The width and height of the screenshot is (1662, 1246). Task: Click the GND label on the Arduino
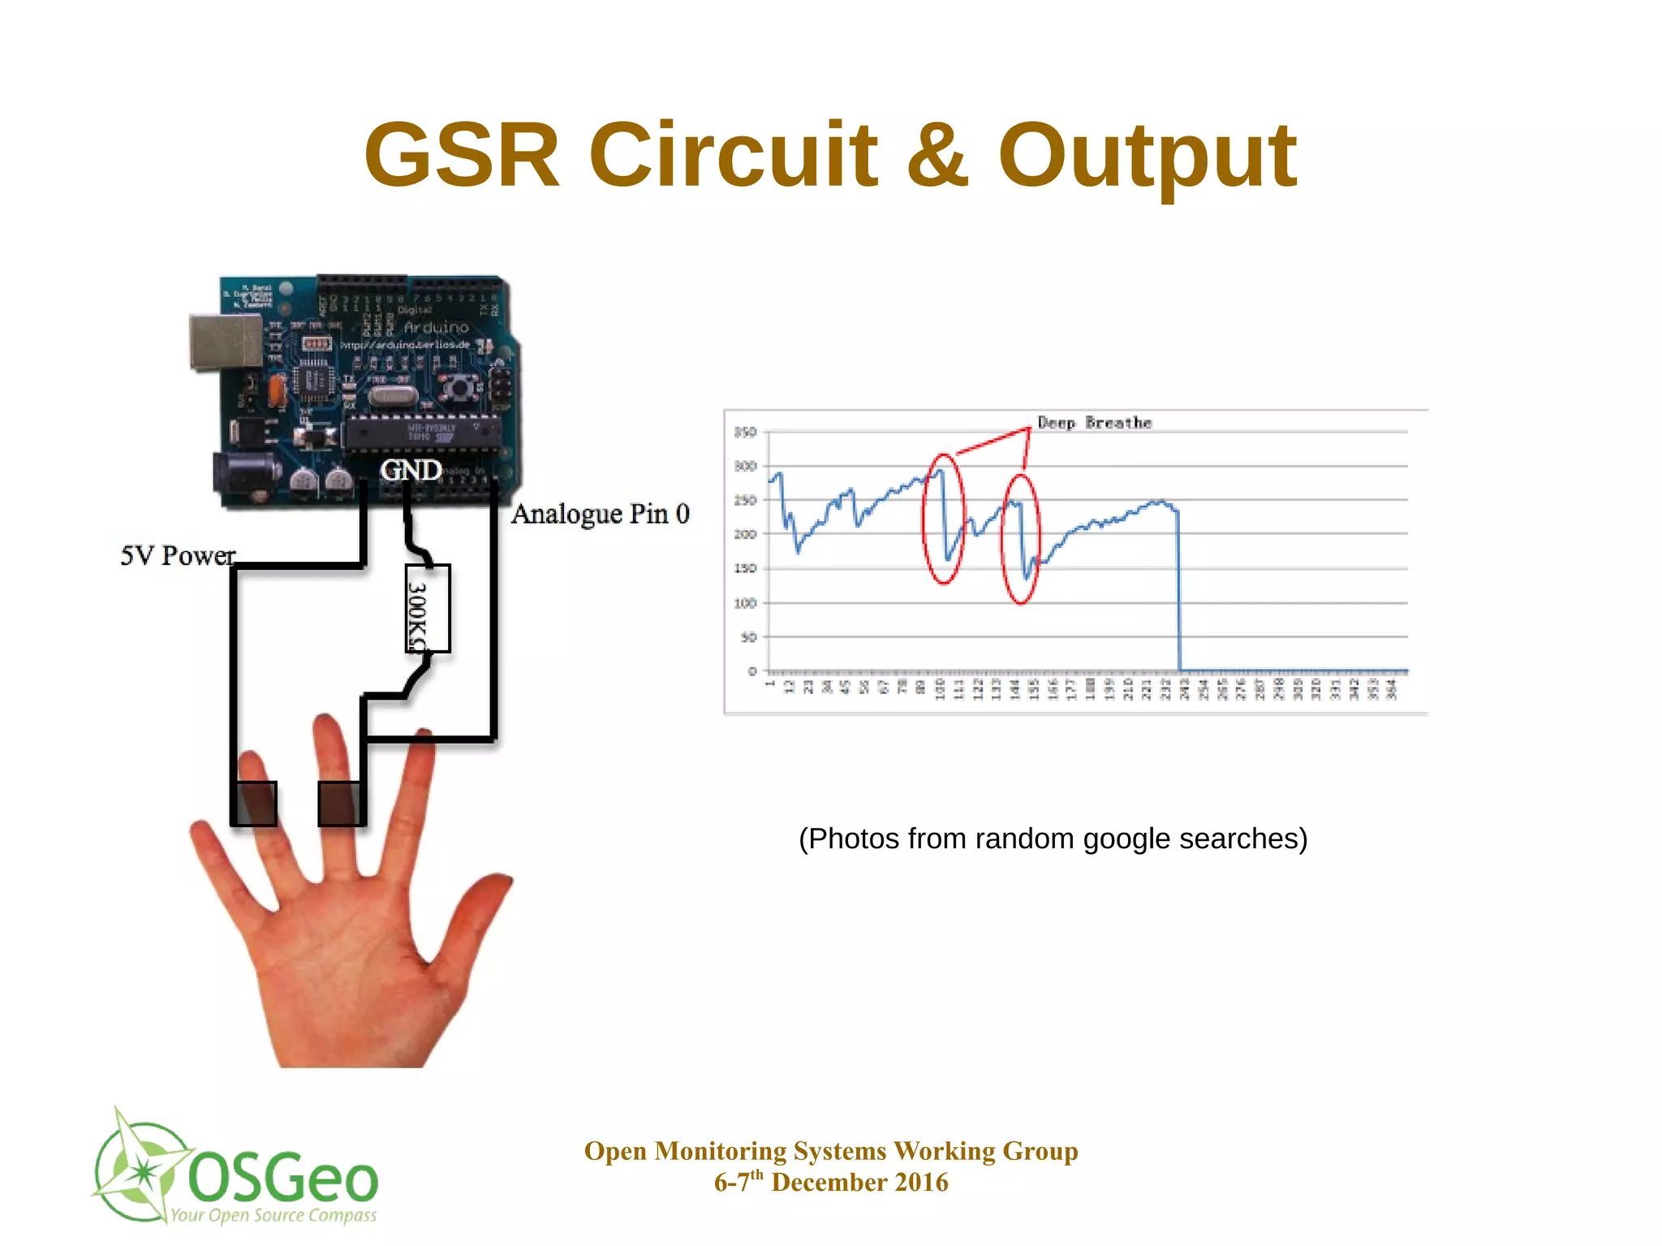[x=411, y=470]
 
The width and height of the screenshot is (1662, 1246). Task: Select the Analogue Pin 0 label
[x=601, y=514]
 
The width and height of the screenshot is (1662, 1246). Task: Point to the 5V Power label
[x=178, y=556]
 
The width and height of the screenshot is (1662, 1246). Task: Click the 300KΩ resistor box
[x=427, y=609]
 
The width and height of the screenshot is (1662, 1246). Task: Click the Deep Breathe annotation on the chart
[x=1094, y=423]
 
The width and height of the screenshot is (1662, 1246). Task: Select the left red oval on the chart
[x=943, y=520]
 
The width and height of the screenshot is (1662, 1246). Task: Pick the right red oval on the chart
[x=1021, y=540]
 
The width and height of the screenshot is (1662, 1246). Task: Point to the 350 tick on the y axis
[x=745, y=433]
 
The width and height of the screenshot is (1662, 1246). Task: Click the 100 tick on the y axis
[x=745, y=603]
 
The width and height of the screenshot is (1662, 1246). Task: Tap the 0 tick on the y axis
[x=751, y=671]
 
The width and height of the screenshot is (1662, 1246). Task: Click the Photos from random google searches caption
[x=1053, y=839]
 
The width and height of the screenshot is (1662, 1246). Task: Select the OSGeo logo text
[x=282, y=1179]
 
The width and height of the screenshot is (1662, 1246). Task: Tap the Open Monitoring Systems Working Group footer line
[x=831, y=1151]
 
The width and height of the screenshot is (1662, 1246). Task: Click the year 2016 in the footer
[x=920, y=1183]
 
